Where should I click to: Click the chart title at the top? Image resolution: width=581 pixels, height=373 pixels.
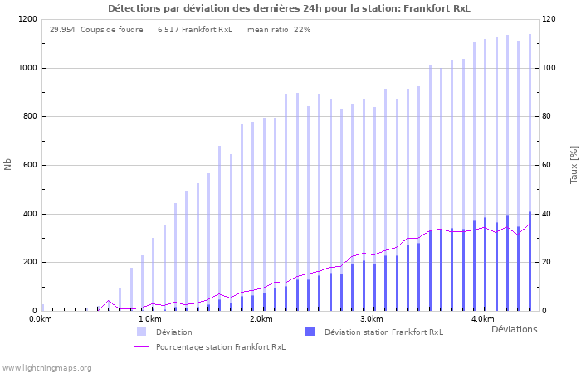click(289, 8)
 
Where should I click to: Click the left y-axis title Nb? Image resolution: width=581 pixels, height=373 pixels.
click(8, 165)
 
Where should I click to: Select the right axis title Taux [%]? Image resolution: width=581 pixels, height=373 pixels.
click(573, 165)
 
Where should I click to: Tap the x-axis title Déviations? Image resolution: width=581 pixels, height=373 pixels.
click(514, 329)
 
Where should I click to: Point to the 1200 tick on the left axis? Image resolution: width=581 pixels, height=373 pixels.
click(27, 19)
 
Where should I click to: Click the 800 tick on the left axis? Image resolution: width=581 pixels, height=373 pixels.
click(30, 117)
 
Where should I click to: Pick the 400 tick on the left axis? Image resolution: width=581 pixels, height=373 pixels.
click(30, 214)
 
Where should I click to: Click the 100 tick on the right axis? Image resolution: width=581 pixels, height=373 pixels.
click(549, 68)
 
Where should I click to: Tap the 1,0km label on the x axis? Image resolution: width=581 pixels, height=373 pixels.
click(150, 319)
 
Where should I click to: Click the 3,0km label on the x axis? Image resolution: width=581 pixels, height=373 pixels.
click(372, 319)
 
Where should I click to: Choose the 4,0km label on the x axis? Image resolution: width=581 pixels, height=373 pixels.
click(482, 319)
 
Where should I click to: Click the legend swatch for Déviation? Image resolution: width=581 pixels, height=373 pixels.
click(142, 332)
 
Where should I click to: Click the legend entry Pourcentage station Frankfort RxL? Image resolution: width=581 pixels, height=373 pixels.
click(220, 347)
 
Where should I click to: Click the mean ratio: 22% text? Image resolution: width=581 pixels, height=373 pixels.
click(279, 30)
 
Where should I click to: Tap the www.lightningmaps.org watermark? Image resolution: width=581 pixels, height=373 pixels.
click(47, 367)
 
